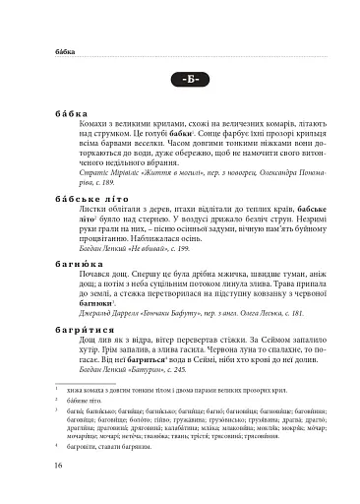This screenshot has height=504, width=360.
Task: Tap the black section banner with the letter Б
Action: tap(180, 79)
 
